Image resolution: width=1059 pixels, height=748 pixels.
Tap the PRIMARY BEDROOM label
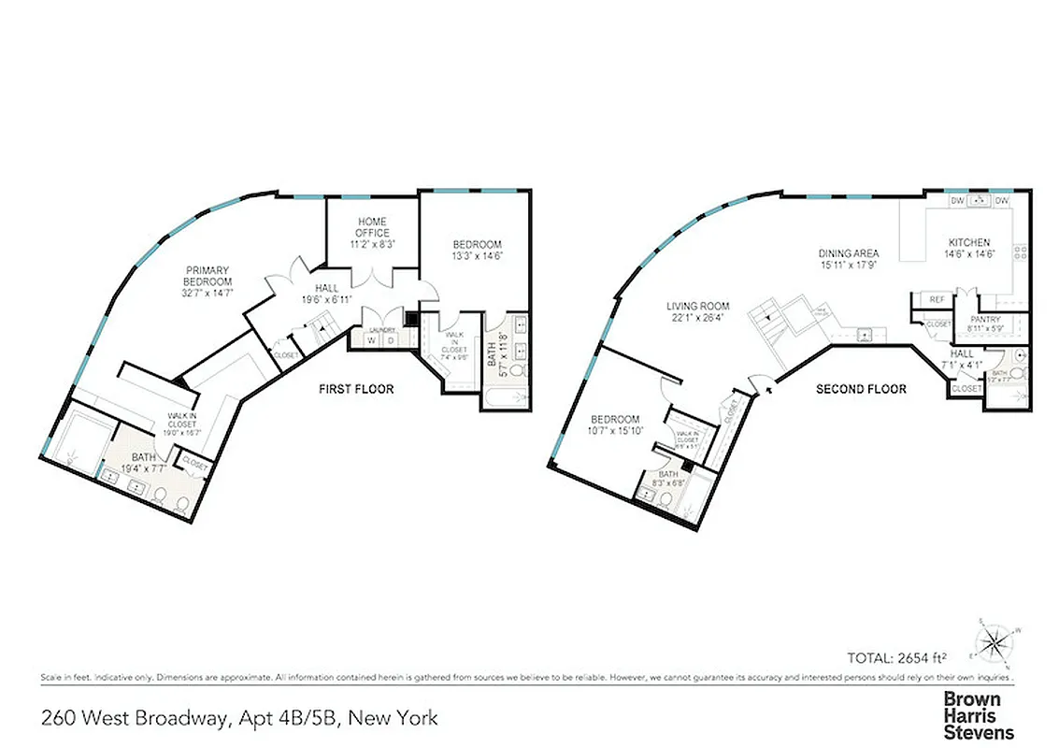[x=207, y=276]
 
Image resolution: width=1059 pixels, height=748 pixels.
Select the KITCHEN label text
[x=968, y=242]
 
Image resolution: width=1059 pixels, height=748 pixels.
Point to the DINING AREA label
[x=849, y=253]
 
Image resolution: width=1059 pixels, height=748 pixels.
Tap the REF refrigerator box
[x=936, y=299]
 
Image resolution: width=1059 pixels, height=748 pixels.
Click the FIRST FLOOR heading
[x=355, y=389]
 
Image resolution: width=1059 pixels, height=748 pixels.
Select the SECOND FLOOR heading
[x=861, y=389]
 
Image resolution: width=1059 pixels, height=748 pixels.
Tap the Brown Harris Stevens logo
[x=979, y=715]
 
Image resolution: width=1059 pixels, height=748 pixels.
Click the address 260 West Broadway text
[x=238, y=718]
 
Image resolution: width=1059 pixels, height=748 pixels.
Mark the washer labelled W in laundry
[x=369, y=340]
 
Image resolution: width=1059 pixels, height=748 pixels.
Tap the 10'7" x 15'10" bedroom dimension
[x=613, y=431]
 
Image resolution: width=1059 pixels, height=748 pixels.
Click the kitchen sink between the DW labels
[x=980, y=200]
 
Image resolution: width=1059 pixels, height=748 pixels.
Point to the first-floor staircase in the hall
[x=318, y=329]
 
